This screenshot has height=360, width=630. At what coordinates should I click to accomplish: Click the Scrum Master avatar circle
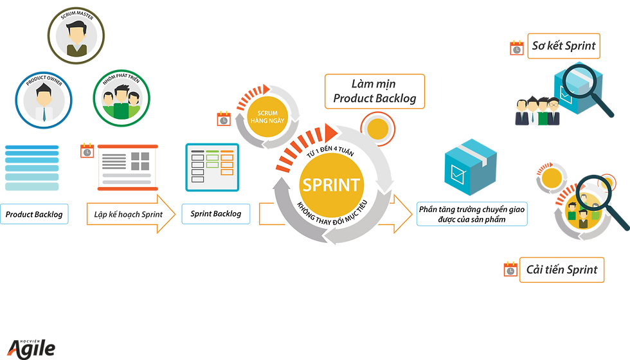76,35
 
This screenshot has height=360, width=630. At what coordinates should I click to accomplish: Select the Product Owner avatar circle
44,100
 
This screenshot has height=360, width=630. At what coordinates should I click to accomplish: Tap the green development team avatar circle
122,98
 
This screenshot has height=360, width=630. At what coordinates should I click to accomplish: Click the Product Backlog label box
34,214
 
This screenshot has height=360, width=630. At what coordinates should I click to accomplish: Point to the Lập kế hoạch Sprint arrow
131,214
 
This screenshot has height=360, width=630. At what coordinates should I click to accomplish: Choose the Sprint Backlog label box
216,213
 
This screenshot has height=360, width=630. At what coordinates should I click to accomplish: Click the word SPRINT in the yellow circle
332,185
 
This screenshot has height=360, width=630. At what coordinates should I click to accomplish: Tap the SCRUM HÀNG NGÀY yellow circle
267,117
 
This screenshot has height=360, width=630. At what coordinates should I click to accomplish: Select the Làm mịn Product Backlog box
374,91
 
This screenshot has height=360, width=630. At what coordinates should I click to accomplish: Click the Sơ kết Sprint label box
564,46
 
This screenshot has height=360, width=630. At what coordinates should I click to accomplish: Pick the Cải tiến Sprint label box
562,269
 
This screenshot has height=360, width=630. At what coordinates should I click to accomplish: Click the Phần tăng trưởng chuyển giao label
472,214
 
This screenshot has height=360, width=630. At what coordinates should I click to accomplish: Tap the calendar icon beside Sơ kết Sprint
517,48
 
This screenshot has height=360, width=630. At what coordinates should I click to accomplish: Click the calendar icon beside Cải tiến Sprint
510,269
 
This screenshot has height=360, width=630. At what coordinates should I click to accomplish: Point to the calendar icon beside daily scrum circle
224,119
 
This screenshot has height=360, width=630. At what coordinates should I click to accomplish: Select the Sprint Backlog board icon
212,167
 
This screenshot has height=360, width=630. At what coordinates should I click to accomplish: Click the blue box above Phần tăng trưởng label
471,167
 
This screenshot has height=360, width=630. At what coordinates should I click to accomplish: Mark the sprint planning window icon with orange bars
128,167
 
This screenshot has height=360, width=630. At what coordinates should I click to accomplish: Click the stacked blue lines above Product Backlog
32,168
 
